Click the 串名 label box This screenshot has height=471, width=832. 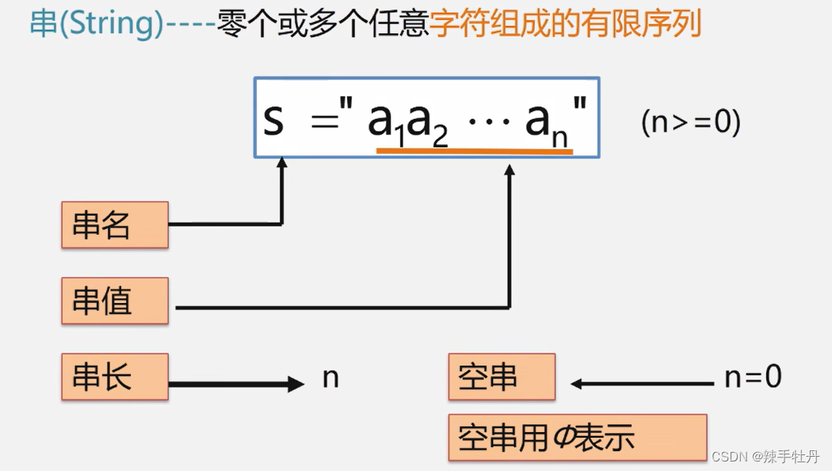115,225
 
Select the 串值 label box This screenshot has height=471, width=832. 115,301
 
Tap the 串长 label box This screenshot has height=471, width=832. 115,377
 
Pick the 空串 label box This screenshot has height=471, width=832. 502,377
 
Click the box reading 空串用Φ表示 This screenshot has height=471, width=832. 577,437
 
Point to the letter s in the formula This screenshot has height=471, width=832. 273,121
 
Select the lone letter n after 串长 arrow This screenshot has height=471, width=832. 330,378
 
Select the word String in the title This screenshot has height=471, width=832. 108,25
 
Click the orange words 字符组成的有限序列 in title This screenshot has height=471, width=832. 566,25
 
